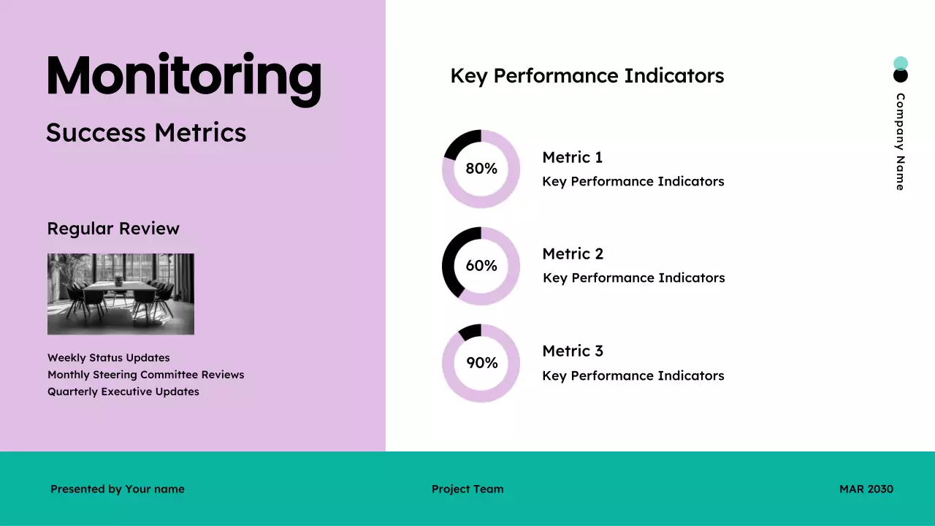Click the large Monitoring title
[183, 77]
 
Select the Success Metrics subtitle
[146, 133]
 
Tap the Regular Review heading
[113, 229]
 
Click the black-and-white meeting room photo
[121, 294]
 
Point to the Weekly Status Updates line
[108, 358]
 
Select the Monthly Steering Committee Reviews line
[145, 375]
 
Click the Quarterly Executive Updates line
[123, 392]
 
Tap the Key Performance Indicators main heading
[587, 76]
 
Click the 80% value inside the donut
[481, 169]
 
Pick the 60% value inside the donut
[481, 266]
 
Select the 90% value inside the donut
[481, 363]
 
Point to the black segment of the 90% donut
[470, 332]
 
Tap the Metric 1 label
[572, 157]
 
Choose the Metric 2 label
[573, 254]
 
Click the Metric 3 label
[573, 351]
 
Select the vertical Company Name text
[900, 142]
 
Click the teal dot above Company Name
[900, 63]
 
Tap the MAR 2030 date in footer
[866, 489]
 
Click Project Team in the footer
[467, 489]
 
